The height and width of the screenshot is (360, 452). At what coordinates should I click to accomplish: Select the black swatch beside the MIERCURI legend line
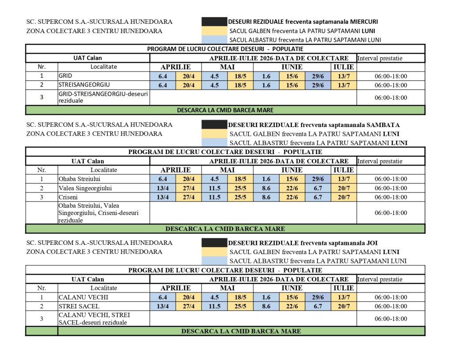214,22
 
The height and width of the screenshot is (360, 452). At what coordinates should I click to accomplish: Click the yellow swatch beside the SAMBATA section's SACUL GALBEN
214,134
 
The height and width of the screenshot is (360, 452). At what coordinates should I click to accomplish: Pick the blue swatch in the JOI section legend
214,261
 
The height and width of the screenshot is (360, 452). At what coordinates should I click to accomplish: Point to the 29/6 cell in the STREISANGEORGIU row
318,85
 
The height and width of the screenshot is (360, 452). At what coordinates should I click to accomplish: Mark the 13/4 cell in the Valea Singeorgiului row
163,188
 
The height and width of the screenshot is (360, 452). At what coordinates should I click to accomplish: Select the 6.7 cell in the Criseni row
318,197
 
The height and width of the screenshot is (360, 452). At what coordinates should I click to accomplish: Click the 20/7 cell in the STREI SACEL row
344,306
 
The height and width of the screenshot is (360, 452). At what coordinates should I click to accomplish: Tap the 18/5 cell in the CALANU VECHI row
241,297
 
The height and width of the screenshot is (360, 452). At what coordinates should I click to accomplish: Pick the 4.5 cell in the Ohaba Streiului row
215,179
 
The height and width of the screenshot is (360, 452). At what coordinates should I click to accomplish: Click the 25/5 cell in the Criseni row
241,197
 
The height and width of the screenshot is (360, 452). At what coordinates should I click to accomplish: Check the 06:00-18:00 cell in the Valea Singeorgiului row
391,188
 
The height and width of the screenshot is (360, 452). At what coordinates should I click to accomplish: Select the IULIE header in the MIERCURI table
344,67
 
